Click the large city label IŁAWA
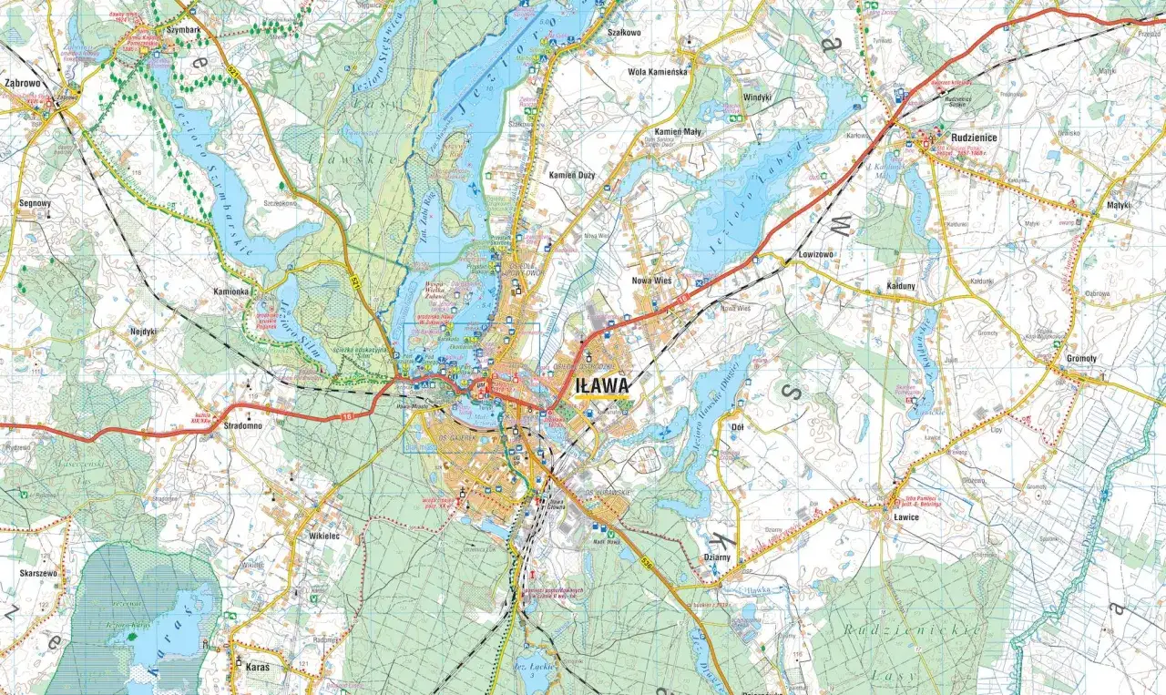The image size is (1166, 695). pos(602,387)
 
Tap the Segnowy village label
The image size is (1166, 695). pos(35,204)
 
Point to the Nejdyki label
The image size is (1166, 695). pos(144,332)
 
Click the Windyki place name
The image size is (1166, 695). pos(756,97)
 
